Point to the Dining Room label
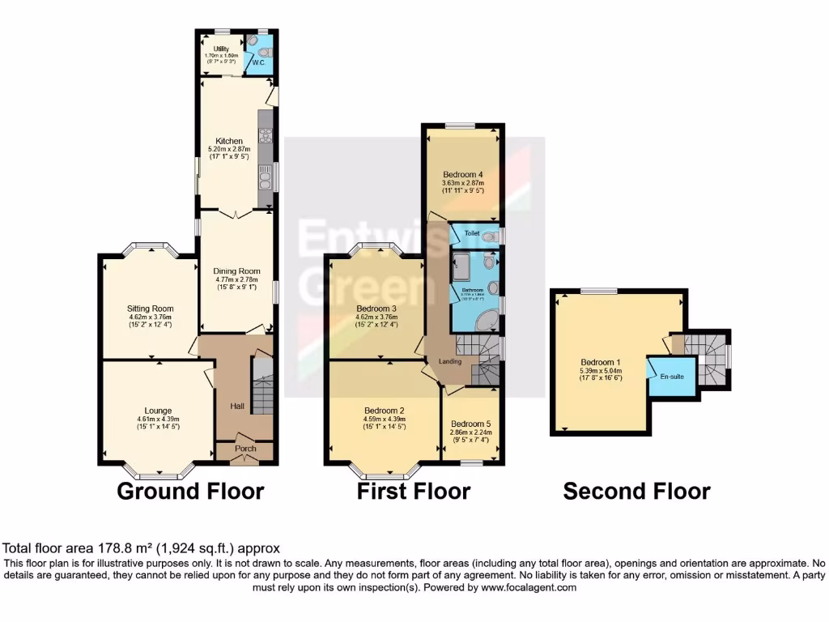coord(235,271)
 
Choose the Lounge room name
coord(152,411)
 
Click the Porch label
coord(244,449)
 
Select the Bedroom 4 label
coord(463,174)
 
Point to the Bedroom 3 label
coord(376,309)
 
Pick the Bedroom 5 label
coord(471,424)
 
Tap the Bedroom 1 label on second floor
coord(600,362)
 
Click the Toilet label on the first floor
coord(472,232)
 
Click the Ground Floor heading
coord(190,491)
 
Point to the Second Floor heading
coord(636,491)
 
